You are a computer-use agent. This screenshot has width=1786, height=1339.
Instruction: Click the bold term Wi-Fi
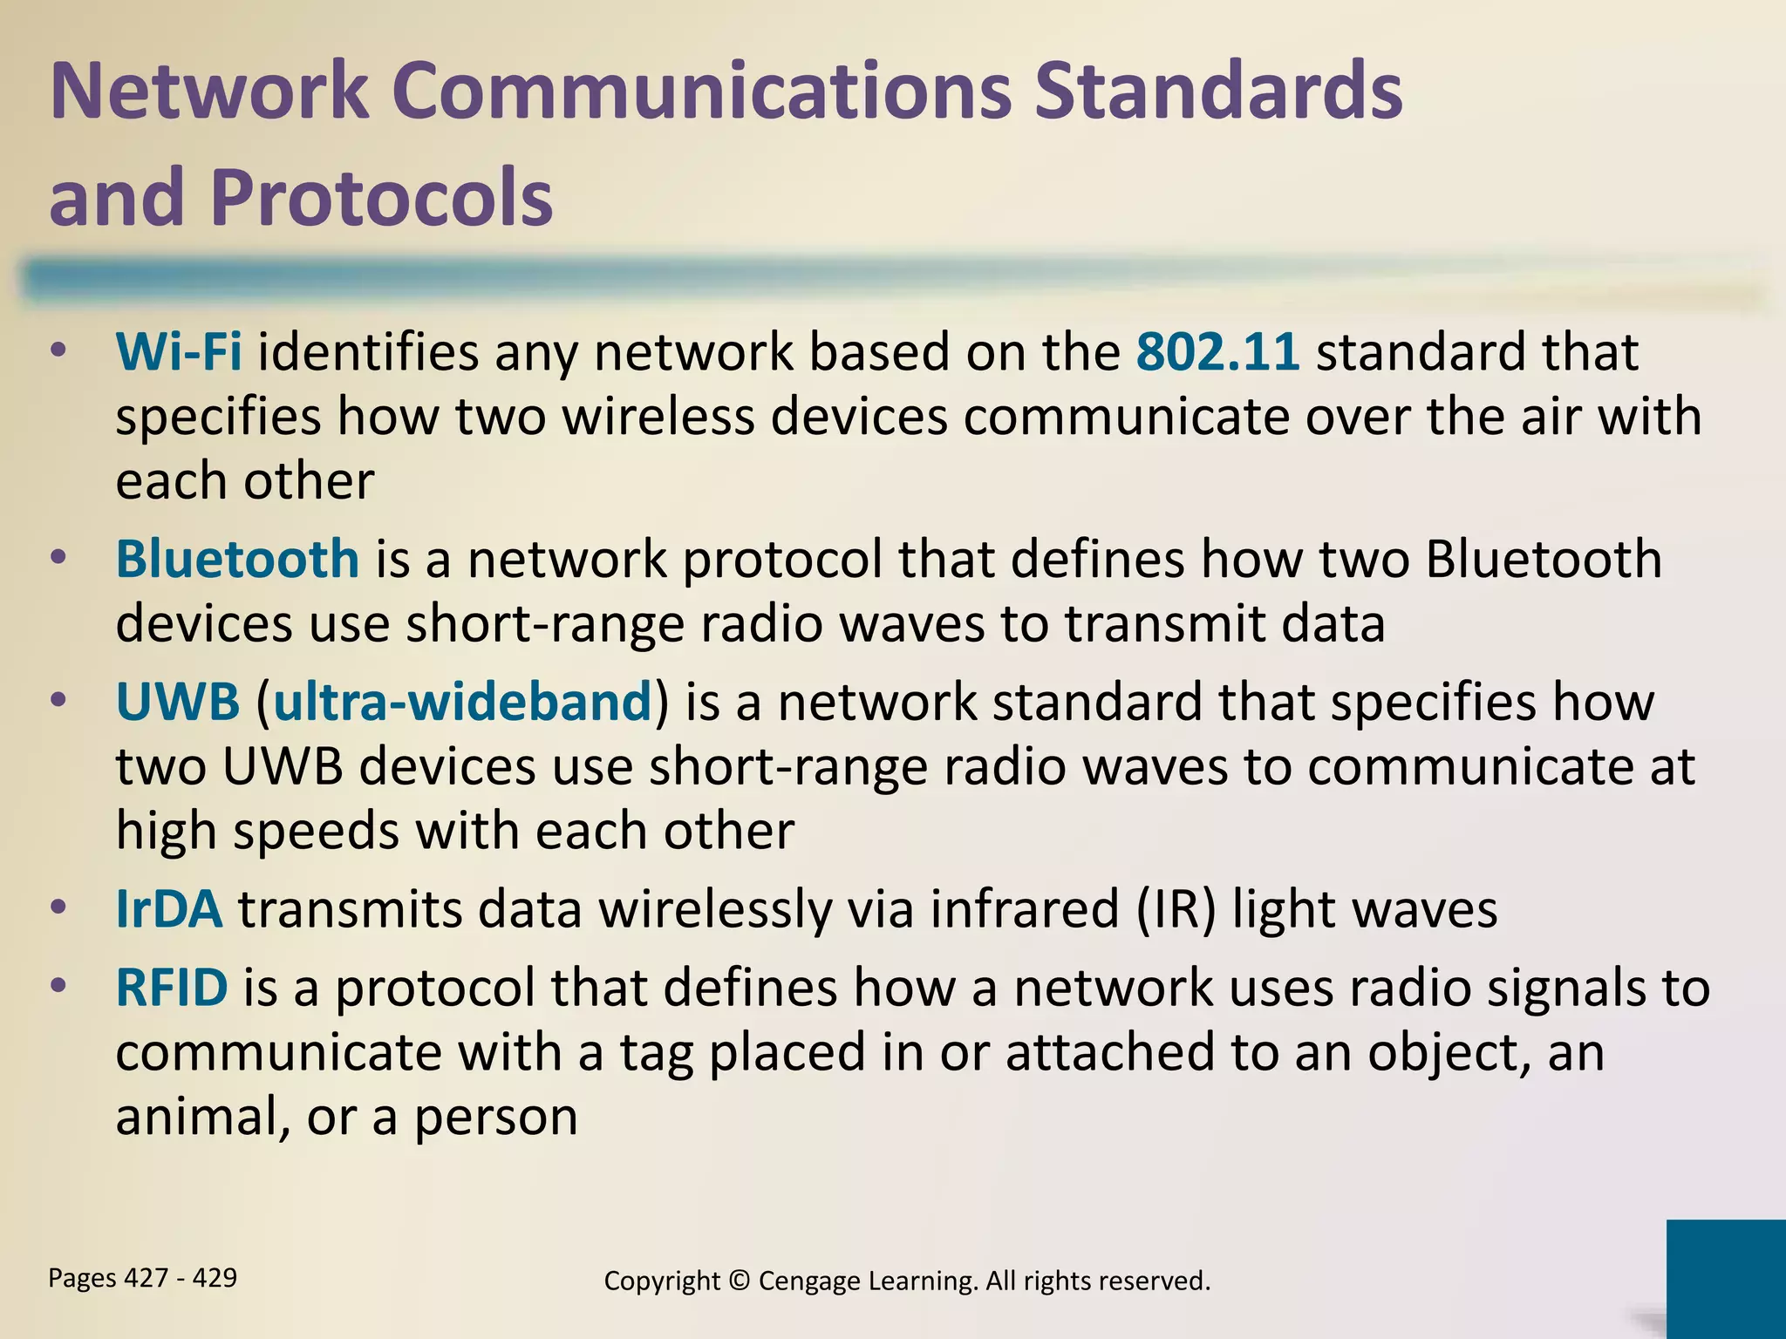[179, 353]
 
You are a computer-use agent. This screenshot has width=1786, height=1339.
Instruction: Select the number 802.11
[1217, 353]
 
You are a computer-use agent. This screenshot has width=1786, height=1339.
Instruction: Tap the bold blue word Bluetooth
[237, 560]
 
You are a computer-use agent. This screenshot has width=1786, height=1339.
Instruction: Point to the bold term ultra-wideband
[462, 703]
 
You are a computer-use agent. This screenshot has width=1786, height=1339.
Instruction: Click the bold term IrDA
[169, 909]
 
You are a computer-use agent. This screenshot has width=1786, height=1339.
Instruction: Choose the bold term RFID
[172, 988]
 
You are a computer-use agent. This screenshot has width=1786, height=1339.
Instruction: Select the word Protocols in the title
[381, 197]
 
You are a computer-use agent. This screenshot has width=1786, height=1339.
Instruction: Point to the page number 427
[147, 1278]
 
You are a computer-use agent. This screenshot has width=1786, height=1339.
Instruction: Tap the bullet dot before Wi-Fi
[58, 353]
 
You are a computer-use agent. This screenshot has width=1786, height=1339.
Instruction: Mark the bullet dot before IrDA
[58, 909]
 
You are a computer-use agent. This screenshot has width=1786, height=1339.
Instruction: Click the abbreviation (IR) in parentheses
[1176, 910]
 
